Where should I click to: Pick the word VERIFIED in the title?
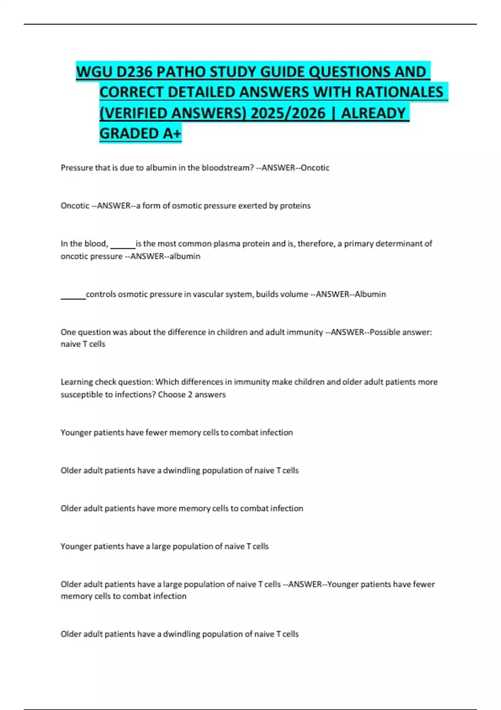pyautogui.click(x=133, y=113)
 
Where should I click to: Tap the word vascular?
pyautogui.click(x=208, y=294)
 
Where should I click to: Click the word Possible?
pyautogui.click(x=386, y=332)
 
